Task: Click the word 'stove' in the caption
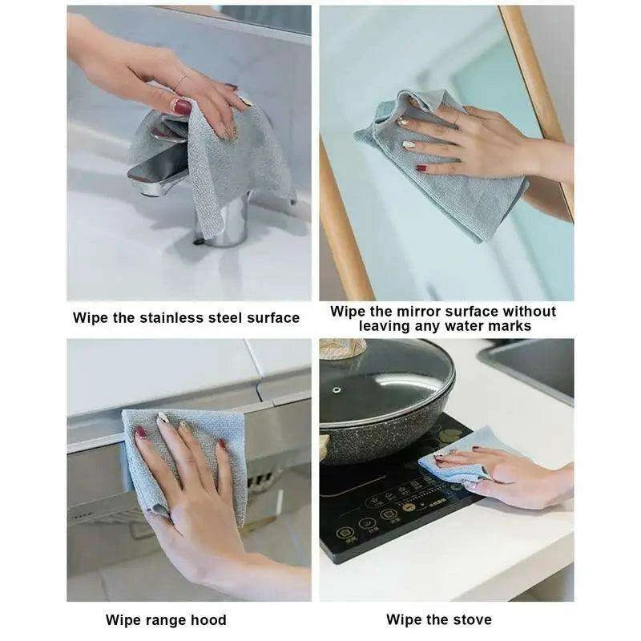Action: pyautogui.click(x=470, y=619)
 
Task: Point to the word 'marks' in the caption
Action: pyautogui.click(x=511, y=326)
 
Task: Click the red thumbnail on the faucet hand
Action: pyautogui.click(x=182, y=107)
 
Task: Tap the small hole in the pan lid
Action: pyautogui.click(x=337, y=390)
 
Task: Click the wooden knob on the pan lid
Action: pyautogui.click(x=343, y=348)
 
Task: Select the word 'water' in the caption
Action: pyautogui.click(x=466, y=326)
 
